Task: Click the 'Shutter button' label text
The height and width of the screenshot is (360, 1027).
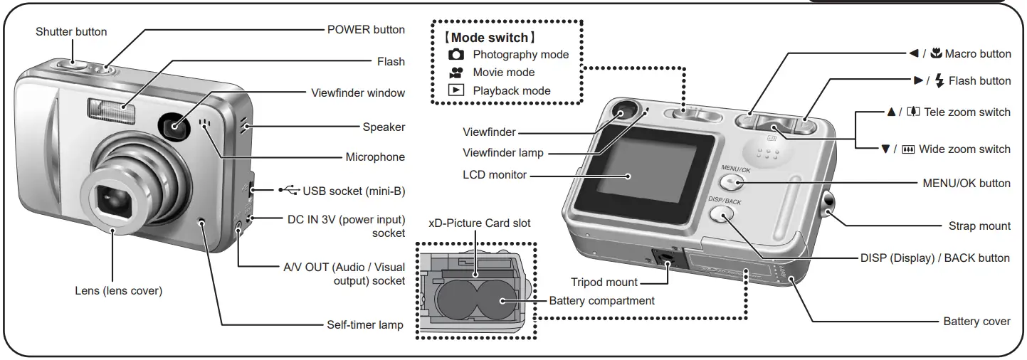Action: click(71, 31)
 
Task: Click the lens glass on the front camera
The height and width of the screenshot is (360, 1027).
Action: click(115, 201)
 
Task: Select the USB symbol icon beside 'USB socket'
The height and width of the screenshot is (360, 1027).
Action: click(288, 190)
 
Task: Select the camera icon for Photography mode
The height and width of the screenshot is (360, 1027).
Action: click(455, 55)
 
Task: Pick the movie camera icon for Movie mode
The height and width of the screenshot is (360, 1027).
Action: click(455, 73)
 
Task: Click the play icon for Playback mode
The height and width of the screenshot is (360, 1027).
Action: click(455, 90)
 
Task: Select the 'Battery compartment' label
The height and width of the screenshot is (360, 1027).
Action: click(601, 300)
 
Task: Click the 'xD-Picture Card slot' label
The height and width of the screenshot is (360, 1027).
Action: click(480, 223)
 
